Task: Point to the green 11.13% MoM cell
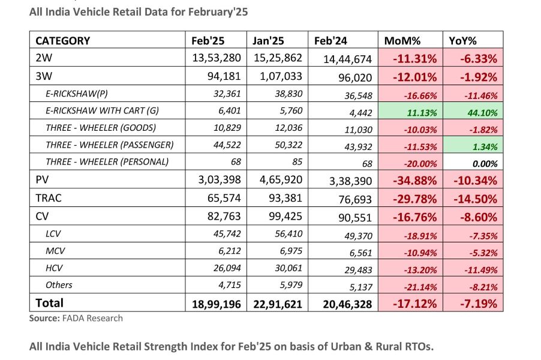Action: tap(411, 110)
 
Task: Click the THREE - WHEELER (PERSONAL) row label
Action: tap(107, 162)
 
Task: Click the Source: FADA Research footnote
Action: tap(76, 319)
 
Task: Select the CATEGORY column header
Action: tap(62, 41)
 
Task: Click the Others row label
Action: tap(59, 285)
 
